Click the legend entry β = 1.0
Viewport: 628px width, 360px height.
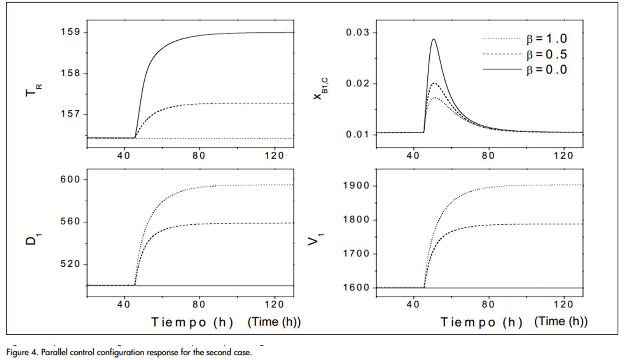546,39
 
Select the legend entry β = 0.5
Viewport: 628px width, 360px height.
546,54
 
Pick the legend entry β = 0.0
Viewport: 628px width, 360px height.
546,70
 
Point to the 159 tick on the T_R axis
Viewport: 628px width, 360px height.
70,32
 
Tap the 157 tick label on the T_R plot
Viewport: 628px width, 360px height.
70,115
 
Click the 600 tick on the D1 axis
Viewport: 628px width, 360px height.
70,180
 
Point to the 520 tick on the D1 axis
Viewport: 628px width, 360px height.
70,264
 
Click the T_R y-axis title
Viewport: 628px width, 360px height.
33,90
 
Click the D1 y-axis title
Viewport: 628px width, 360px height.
33,238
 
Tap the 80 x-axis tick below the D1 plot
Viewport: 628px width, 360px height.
199,304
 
